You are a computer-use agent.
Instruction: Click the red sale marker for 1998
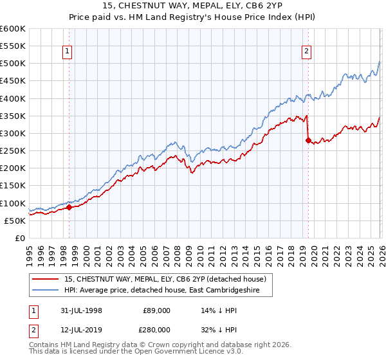(69, 207)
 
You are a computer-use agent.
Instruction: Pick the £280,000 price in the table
(157, 329)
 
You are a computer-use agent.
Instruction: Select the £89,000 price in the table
(157, 310)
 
